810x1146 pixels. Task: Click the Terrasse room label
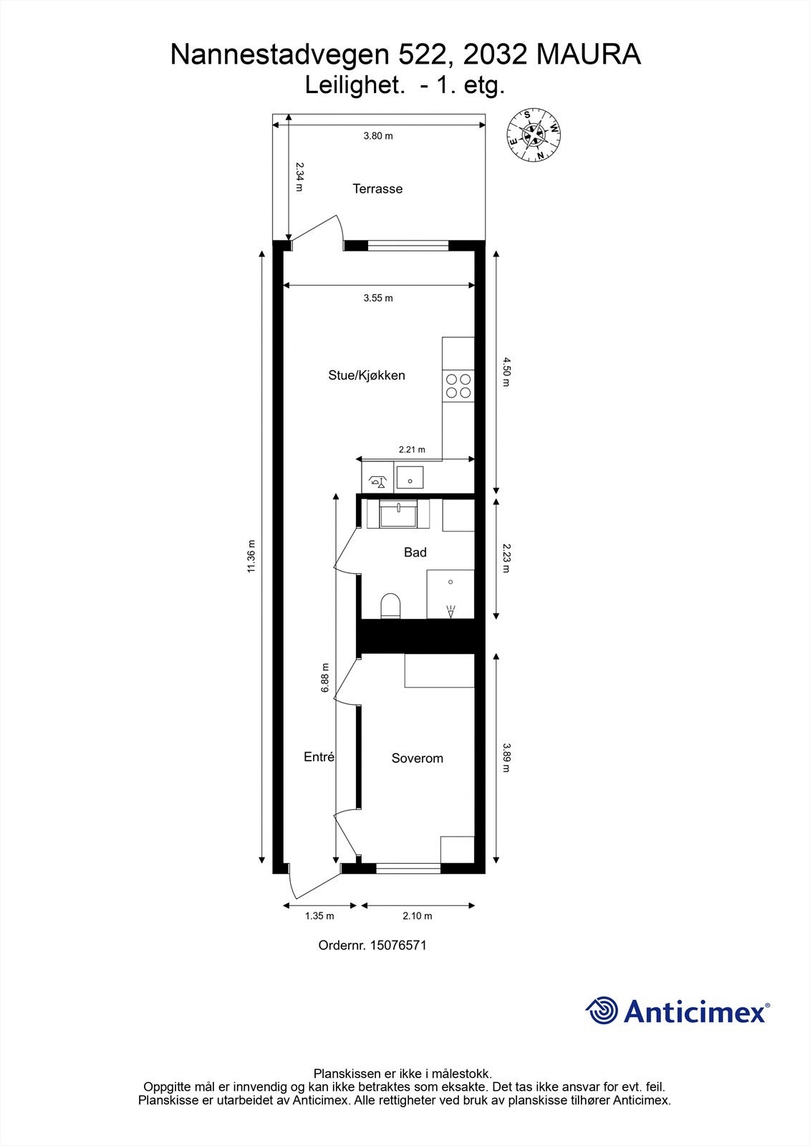tap(377, 189)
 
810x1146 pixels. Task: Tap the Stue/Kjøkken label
tap(367, 375)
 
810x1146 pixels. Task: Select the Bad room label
tap(415, 552)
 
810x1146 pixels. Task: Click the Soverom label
tap(417, 759)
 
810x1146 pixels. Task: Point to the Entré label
tap(319, 757)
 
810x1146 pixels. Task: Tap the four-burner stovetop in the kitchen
tap(458, 386)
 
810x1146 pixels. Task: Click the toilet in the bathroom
tap(390, 606)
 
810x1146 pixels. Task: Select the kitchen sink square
tap(410, 476)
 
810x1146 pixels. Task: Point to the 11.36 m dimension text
tap(251, 556)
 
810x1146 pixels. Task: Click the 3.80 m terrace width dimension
tap(378, 135)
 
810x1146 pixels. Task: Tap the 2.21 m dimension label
tap(412, 450)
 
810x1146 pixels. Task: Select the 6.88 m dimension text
tap(325, 677)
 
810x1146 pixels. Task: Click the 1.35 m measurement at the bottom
tap(319, 915)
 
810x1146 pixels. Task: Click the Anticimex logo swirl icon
tap(602, 1011)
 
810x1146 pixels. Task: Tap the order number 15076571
tap(398, 945)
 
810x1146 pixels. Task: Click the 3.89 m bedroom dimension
tap(506, 757)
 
